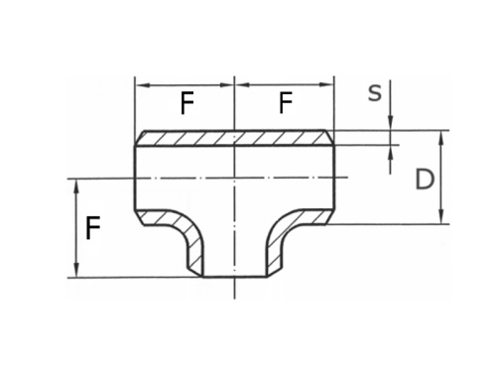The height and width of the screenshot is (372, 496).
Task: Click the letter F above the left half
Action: tap(186, 102)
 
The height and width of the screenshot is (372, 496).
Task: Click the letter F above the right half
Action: tap(286, 102)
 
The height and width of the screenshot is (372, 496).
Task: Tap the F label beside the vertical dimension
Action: tap(93, 230)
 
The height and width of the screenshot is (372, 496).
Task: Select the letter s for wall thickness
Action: tap(374, 93)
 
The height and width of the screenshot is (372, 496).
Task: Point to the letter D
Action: tap(425, 180)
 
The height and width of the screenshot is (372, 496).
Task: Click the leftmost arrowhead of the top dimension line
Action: tap(139, 85)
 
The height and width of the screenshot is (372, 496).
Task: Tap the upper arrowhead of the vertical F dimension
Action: tap(76, 184)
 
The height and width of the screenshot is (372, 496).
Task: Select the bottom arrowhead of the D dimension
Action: tap(440, 219)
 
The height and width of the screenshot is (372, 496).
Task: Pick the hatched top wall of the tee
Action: tap(234, 138)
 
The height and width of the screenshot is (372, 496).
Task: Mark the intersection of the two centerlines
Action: tap(234, 179)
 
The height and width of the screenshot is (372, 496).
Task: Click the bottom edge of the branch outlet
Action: tap(234, 277)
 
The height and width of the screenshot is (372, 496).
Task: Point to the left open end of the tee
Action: tap(135, 179)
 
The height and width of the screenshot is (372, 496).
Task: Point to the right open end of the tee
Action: tap(333, 179)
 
